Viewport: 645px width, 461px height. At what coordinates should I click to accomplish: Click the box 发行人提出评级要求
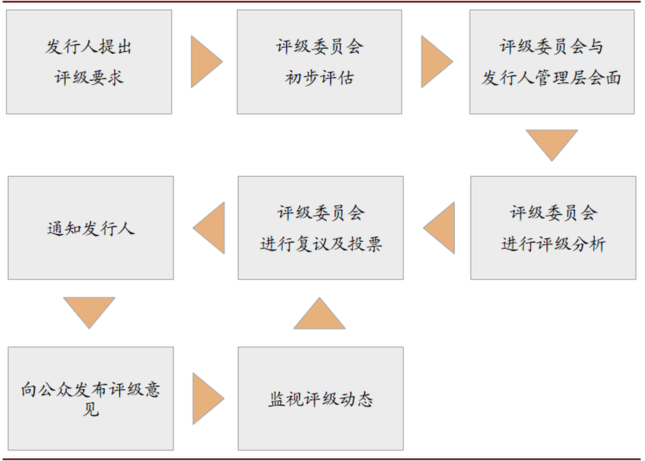point(89,62)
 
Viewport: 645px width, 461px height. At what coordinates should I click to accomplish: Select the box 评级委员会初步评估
point(319,62)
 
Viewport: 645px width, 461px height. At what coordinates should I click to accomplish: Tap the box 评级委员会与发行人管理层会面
point(552,62)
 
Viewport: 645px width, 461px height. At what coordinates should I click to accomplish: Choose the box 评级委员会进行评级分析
point(553,228)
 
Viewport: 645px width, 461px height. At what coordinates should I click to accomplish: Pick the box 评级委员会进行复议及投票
point(320,228)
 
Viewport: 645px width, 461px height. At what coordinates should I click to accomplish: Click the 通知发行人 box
point(91,228)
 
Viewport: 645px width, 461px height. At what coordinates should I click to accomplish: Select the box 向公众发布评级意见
point(91,398)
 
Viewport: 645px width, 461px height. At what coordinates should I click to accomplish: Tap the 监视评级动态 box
point(320,398)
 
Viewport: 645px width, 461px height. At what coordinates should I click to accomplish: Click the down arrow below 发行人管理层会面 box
point(552,143)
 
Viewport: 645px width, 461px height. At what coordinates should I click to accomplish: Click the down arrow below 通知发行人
point(89,311)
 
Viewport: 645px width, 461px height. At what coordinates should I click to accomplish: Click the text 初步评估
point(319,78)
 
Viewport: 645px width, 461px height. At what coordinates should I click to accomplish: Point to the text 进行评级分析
point(553,244)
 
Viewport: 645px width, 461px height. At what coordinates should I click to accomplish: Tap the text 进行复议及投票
point(320,244)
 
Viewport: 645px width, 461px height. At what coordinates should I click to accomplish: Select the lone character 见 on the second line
point(91,409)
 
